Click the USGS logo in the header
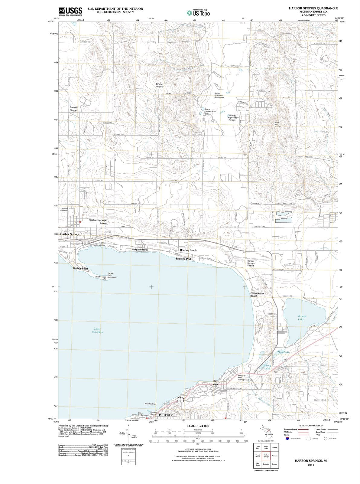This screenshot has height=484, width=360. pos(71,11)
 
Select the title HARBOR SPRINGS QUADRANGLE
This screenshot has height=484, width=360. pos(313,8)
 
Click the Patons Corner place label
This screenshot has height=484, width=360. pos(73,109)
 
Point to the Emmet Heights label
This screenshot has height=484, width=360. pos(159,85)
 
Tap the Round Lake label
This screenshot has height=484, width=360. pos(301,318)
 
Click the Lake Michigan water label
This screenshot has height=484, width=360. pos(97,330)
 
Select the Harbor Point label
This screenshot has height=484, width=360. pos(80,269)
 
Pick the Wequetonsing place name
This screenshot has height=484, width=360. pos(140,250)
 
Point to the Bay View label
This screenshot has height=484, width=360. pos(215,382)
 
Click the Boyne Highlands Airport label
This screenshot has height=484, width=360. pos(232,118)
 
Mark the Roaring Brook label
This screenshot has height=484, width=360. pos(188,250)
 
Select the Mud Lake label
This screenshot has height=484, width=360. pos(284,352)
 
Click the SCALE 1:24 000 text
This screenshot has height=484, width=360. pos(198,426)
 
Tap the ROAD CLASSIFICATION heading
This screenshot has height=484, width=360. pos(311,426)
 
